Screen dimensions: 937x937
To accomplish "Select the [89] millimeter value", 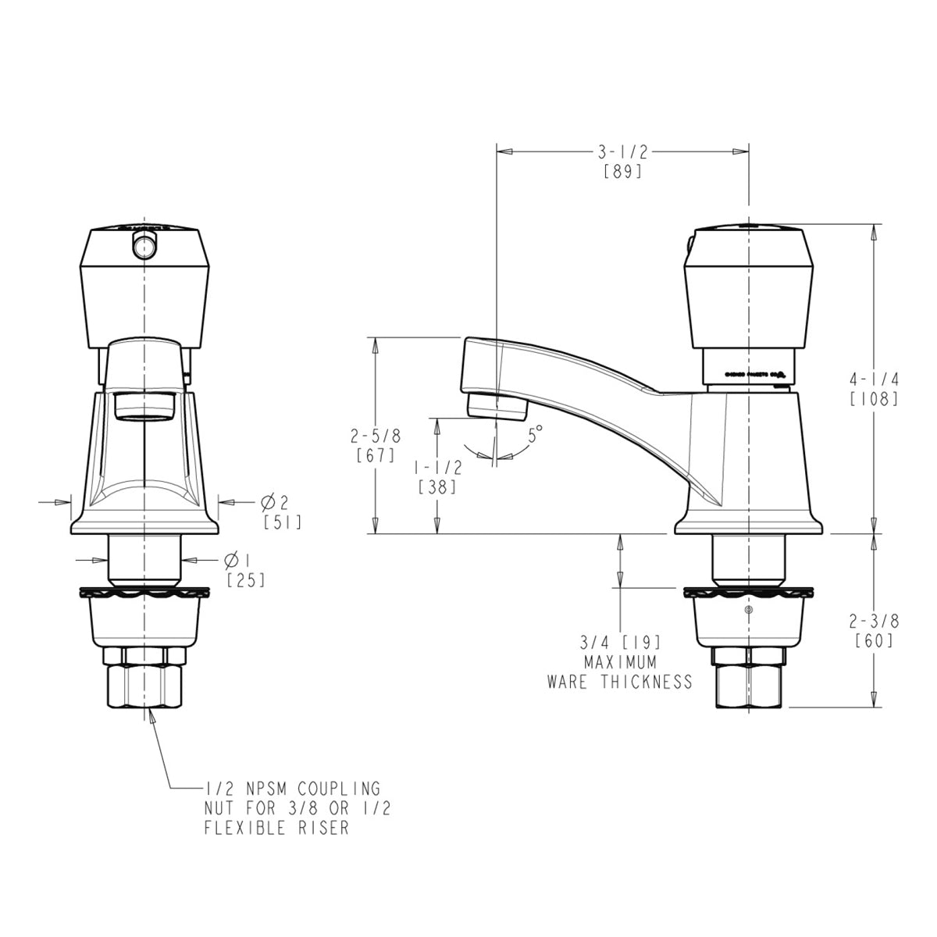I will [x=622, y=172].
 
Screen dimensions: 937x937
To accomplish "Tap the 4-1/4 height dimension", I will [x=875, y=379].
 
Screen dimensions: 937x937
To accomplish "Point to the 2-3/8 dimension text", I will [x=875, y=622].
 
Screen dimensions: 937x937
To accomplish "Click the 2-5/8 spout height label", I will [x=376, y=435].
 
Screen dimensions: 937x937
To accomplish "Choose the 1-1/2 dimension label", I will [x=438, y=467].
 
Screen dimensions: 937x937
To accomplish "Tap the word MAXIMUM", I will [x=621, y=661].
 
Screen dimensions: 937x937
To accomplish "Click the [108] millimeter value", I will [x=875, y=398].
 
